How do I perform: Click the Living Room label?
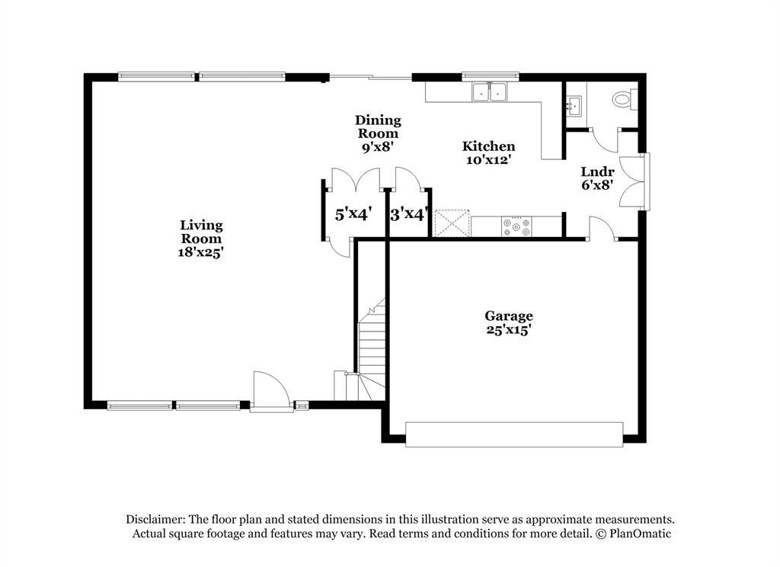(x=201, y=238)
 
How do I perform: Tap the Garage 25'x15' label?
(x=509, y=322)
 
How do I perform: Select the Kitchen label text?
(x=489, y=146)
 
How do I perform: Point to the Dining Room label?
(x=378, y=133)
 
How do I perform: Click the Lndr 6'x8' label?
(x=597, y=178)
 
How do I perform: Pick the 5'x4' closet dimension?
(x=353, y=214)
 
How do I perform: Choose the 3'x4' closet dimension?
(x=409, y=214)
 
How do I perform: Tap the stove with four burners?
(x=516, y=226)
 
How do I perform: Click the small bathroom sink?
(x=574, y=105)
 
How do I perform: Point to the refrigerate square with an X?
(x=449, y=225)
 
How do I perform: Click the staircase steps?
(x=370, y=347)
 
